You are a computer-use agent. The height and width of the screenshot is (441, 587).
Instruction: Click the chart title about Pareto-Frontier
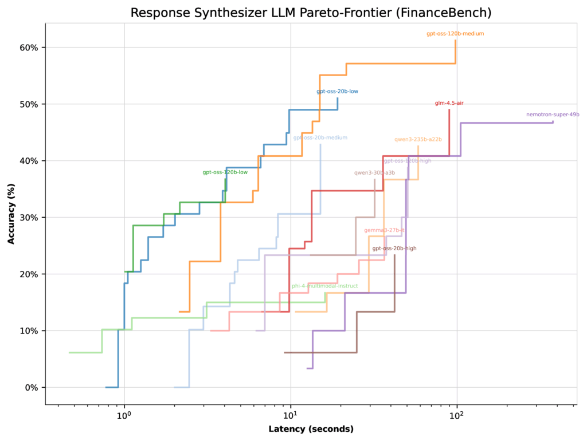[x=311, y=13]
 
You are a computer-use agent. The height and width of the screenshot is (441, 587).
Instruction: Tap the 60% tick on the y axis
[x=29, y=48]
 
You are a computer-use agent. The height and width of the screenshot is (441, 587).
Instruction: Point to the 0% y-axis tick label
[x=31, y=388]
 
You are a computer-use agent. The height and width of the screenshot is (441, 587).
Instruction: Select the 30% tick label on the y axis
[x=29, y=218]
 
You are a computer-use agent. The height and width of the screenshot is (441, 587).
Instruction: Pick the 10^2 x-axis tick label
[x=457, y=415]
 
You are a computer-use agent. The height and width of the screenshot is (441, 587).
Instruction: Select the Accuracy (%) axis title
[x=11, y=214]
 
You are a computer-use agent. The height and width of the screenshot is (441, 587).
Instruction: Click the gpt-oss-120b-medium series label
[x=455, y=34]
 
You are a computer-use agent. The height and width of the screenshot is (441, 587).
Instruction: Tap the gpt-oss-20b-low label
[x=338, y=92]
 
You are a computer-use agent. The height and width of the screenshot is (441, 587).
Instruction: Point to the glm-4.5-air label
[x=449, y=103]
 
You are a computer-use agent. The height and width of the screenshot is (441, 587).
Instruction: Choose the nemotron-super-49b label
[x=553, y=115]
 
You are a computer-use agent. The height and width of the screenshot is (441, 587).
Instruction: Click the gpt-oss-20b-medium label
[x=320, y=137]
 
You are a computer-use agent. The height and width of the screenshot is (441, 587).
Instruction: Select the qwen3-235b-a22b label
[x=418, y=139]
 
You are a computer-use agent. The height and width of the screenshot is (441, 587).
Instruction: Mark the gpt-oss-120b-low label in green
[x=225, y=172]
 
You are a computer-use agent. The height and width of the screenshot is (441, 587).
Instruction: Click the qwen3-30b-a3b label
[x=374, y=172]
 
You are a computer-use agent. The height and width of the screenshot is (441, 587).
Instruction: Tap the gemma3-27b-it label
[x=384, y=230]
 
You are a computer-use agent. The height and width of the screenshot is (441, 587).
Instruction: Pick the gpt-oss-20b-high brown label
[x=394, y=249]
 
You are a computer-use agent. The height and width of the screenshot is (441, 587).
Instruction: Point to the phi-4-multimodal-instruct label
[x=324, y=286]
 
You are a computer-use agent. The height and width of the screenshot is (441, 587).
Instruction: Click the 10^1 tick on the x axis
[x=291, y=415]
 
